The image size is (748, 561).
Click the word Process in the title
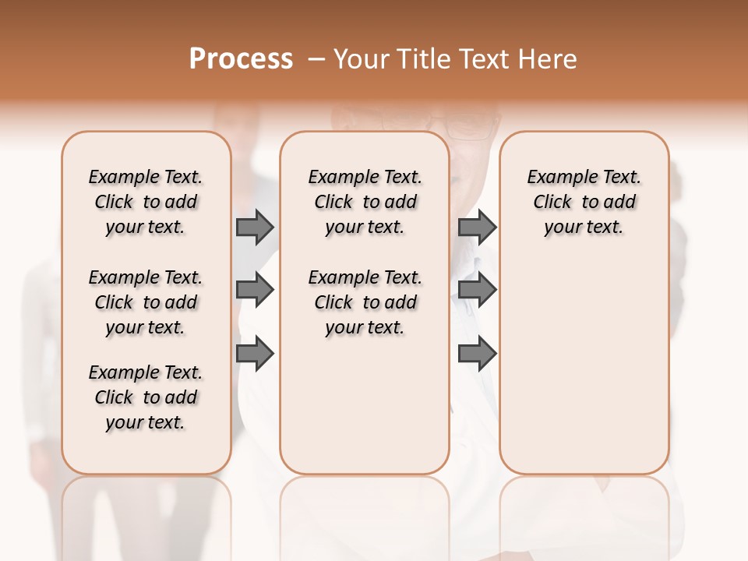(241, 59)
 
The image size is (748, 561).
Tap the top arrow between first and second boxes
(255, 227)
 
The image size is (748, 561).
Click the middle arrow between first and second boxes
(255, 290)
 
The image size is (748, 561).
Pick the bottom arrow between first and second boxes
(255, 354)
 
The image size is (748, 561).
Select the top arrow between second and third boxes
(477, 227)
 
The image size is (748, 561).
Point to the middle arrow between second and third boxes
(477, 290)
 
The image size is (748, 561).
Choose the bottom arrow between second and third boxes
(477, 354)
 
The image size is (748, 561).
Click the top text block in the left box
(146, 202)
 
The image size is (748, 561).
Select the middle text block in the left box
(146, 302)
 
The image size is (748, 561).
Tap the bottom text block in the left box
(146, 397)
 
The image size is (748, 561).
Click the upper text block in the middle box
(365, 202)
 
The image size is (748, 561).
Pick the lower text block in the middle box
(365, 302)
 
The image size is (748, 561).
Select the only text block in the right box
(584, 202)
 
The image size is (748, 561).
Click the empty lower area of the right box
(584, 366)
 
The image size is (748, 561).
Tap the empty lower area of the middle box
(365, 405)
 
